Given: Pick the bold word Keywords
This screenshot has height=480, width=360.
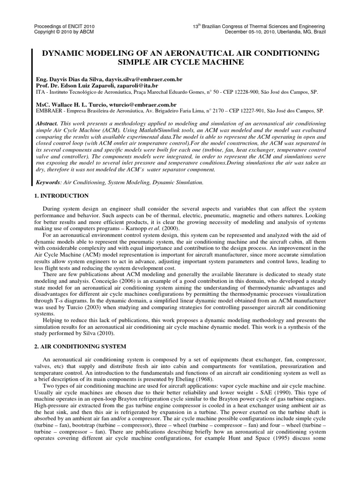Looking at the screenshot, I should pos(49,180).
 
